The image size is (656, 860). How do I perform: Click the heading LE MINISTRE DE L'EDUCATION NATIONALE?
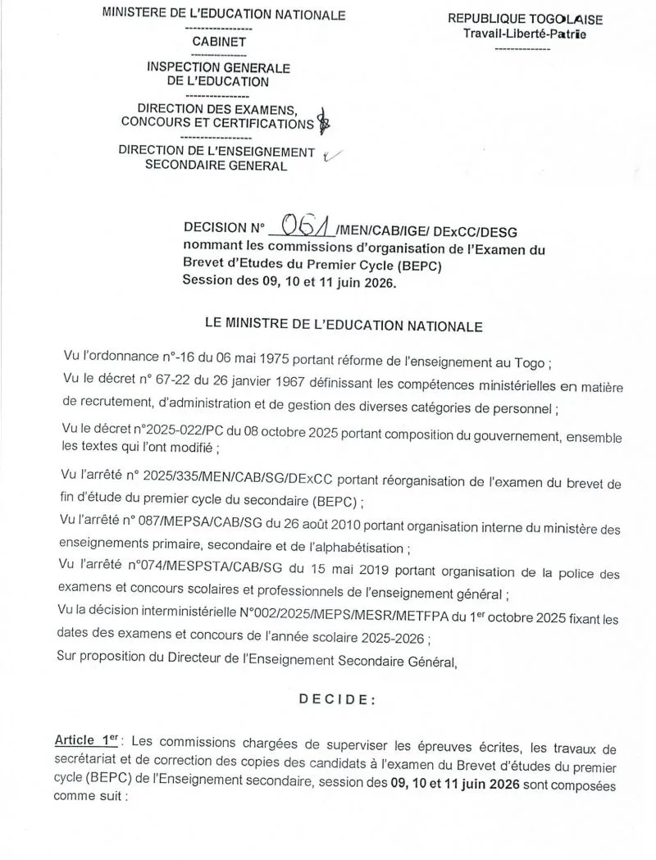344,325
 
